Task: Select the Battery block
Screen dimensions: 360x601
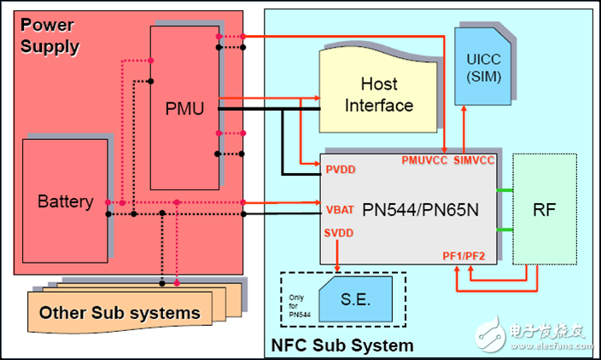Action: [65, 202]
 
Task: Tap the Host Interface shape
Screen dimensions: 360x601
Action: [386, 96]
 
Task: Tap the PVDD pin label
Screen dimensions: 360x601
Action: [341, 169]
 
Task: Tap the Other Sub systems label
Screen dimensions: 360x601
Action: [120, 313]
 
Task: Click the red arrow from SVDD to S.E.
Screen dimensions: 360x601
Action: [339, 255]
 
